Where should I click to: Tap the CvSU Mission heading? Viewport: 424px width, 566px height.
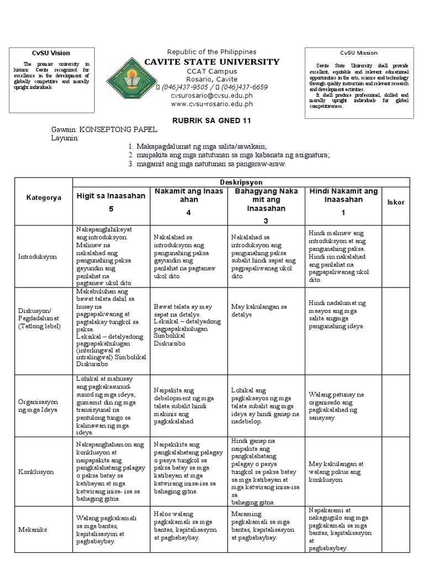358,53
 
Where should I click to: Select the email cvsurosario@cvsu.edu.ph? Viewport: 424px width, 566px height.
211,95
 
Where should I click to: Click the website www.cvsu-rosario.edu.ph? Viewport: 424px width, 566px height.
211,103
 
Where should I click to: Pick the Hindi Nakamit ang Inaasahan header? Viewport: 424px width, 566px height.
343,195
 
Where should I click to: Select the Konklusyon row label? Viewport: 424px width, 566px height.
36,472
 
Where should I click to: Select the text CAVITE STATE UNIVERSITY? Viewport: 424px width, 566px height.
212,62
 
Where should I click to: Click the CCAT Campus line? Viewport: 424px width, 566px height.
211,71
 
